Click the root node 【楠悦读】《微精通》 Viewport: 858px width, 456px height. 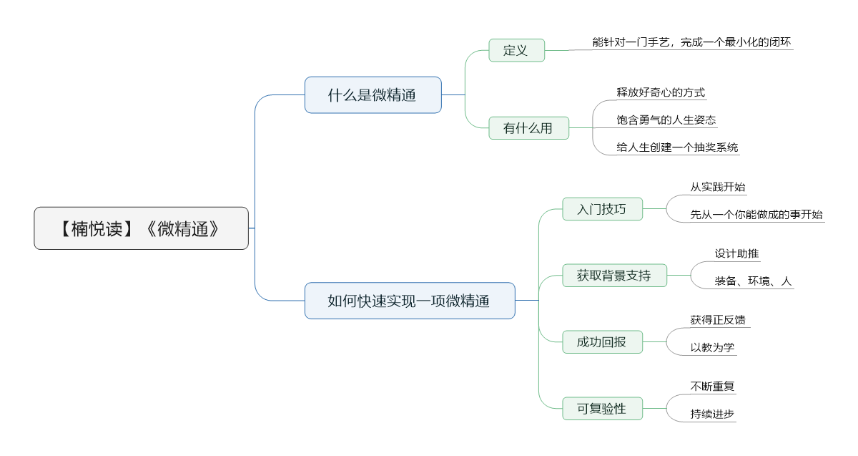141,228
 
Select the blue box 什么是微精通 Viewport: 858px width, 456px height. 373,94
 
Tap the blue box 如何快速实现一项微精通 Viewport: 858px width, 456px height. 410,301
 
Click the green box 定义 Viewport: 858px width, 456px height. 516,50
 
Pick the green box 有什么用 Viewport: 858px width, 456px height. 528,128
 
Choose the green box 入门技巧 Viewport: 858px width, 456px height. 602,209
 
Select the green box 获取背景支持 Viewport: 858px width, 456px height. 614,276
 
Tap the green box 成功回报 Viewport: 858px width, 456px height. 602,341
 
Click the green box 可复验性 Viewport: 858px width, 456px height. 602,409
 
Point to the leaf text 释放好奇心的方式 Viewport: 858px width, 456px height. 661,92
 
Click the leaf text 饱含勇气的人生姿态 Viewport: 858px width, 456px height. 666,120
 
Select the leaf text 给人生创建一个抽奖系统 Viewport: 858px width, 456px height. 677,147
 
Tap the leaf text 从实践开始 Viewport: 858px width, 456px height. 718,187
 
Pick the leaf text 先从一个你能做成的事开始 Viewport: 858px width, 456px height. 756,214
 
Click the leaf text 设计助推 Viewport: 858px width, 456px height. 736,253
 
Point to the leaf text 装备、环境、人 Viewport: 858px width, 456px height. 753,281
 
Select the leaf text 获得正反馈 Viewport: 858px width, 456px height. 718,320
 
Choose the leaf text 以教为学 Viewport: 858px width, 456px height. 712,347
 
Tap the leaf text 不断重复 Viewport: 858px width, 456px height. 712,386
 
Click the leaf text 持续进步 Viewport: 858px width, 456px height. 712,414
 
